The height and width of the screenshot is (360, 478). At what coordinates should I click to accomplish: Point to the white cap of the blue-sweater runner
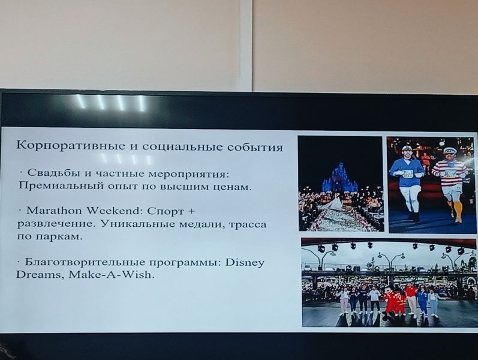click(x=407, y=148)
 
